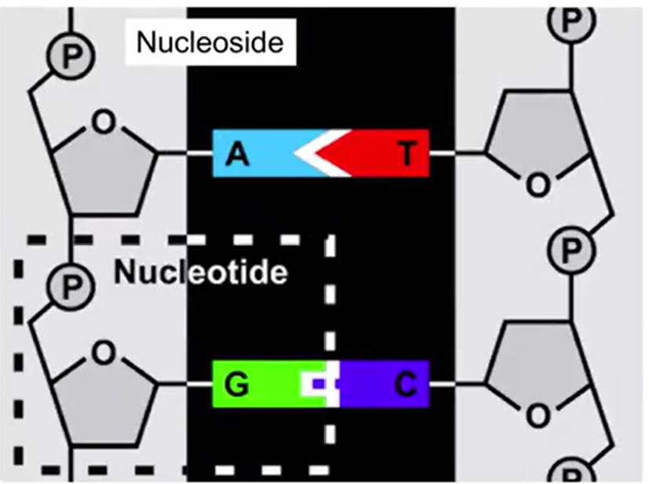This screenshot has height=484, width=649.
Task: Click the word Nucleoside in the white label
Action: pyautogui.click(x=209, y=42)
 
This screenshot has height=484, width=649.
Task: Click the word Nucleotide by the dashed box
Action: pyautogui.click(x=200, y=272)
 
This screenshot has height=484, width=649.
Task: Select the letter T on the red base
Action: pyautogui.click(x=406, y=154)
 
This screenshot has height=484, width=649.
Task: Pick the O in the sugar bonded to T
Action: pyautogui.click(x=537, y=184)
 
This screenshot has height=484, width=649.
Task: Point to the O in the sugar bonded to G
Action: pyautogui.click(x=104, y=354)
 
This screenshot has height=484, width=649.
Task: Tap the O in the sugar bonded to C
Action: pyautogui.click(x=537, y=414)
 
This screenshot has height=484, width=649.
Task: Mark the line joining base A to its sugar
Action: pyautogui.click(x=185, y=154)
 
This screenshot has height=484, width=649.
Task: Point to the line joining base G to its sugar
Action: pyautogui.click(x=185, y=385)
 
